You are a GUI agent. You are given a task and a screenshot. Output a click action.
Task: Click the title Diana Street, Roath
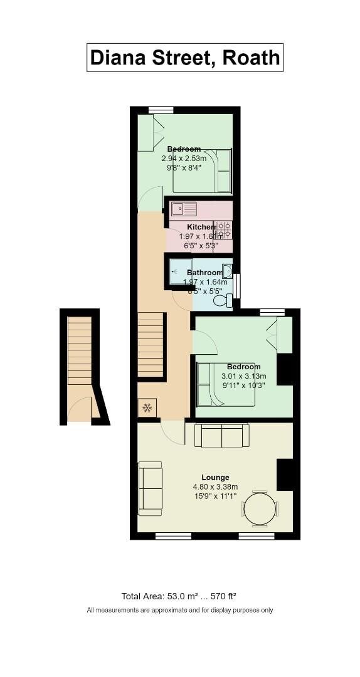pos(184,58)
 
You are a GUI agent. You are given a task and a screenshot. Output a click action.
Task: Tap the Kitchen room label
pos(200,227)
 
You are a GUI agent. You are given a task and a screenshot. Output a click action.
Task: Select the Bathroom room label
pos(204,273)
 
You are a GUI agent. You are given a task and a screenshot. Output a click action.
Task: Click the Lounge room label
pos(215,478)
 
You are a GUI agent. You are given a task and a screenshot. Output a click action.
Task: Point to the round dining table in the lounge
pos(260,508)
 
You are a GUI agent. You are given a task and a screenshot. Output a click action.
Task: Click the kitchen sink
pos(184,209)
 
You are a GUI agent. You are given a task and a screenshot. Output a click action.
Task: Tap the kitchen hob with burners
pos(223,230)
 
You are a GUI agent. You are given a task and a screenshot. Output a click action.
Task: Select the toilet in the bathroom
pos(222,301)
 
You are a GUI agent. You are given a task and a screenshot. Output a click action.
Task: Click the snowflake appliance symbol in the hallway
pos(147,408)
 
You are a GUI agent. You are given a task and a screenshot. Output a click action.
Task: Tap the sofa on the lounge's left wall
pos(150,488)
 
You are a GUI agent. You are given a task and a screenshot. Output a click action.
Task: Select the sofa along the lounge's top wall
pos(222,436)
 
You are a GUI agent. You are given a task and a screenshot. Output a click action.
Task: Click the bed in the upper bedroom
pos(203,171)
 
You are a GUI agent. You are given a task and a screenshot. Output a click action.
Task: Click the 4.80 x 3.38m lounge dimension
pos(215,487)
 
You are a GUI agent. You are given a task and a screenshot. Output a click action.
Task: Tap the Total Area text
pos(179,596)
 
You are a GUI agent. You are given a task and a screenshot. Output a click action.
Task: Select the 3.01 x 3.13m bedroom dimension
pos(244,376)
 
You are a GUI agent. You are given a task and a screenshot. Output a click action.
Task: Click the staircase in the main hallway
pos(151,344)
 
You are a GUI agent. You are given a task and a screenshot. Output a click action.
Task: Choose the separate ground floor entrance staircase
pos(80,351)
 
